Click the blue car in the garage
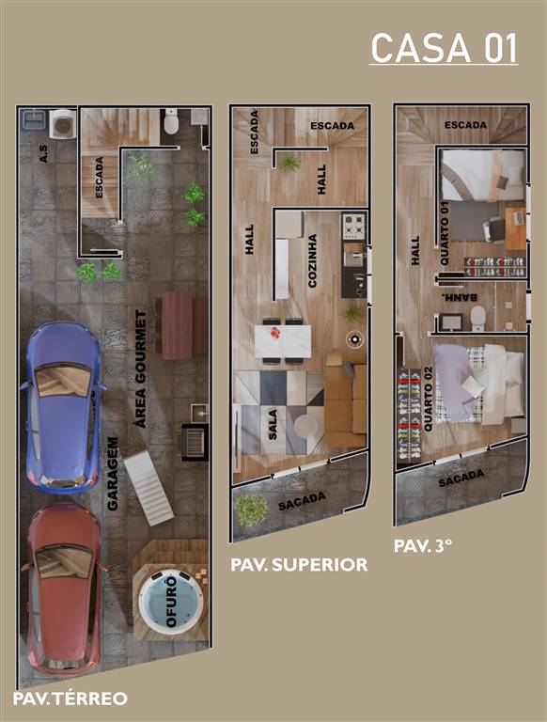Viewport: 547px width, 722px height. point(64,406)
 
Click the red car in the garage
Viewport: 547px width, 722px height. point(64,588)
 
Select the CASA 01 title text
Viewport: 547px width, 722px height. point(444,48)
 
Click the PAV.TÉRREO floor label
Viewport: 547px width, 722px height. point(70,698)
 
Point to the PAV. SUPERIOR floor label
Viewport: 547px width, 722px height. point(299,565)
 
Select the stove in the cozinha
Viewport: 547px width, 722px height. point(353,227)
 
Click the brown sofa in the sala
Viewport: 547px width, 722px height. point(346,400)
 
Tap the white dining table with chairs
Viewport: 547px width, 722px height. point(283,340)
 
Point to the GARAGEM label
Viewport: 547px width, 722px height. point(112,474)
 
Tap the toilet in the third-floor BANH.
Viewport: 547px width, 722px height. point(477,317)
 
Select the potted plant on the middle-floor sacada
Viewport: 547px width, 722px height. point(252,510)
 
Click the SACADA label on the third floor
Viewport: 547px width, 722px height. point(461,480)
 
